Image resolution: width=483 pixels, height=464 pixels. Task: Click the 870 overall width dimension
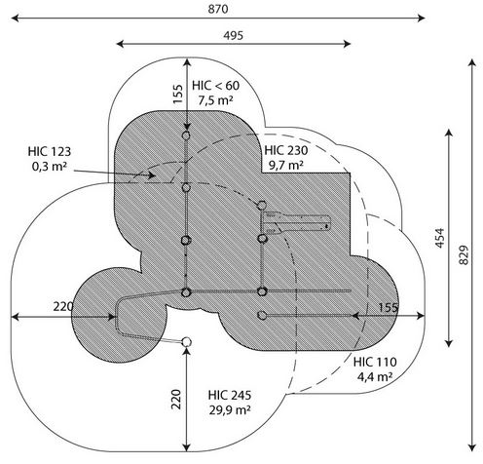click(218, 9)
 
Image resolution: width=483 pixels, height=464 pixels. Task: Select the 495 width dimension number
click(233, 35)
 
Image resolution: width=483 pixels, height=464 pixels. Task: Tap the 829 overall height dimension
click(464, 254)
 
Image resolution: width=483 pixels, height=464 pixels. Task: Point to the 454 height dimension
click(439, 238)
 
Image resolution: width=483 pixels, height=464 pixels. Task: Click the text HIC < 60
click(215, 86)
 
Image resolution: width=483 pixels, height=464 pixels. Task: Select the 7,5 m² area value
click(215, 100)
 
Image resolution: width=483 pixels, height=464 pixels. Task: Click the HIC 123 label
click(50, 151)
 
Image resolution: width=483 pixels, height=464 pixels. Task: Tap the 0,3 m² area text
click(50, 167)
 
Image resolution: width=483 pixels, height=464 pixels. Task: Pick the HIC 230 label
click(286, 150)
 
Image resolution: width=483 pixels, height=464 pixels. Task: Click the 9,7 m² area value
click(286, 165)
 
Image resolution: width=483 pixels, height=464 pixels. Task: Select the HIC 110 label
click(375, 362)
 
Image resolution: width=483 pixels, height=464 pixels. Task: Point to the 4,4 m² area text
click(375, 377)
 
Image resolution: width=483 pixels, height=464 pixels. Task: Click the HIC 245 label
click(230, 395)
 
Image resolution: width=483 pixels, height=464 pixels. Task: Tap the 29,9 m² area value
click(230, 410)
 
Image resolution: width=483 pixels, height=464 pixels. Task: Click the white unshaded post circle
click(186, 342)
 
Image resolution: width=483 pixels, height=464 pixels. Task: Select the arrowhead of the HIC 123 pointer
click(152, 175)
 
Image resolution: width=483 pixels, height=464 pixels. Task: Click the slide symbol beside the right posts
click(296, 223)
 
